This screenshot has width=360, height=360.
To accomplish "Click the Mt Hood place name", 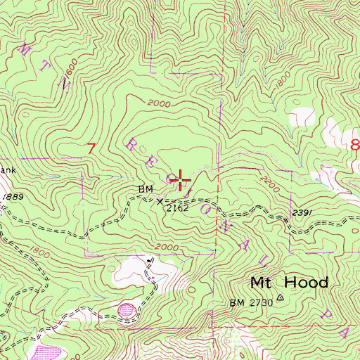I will pos(289,283).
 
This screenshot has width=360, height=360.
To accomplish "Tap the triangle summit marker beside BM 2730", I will pos(280,297).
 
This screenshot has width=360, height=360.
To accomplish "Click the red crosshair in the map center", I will pos(181,181).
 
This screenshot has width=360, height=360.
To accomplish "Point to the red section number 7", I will pos(90,148).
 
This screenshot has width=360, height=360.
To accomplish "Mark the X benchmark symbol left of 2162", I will pos(157,200).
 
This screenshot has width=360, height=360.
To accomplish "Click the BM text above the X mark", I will pos(146,190).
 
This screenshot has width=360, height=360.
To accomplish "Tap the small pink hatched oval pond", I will pos(127,309).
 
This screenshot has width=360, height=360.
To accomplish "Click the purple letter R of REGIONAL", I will pos(132,144).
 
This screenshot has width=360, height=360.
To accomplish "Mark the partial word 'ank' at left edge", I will pos(6,170).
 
